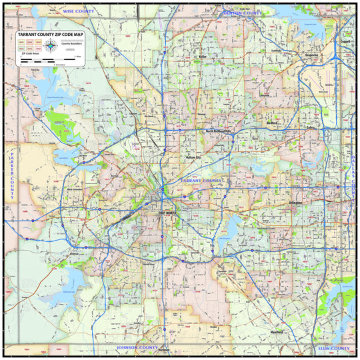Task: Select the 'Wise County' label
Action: (78, 12)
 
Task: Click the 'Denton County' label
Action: (241, 13)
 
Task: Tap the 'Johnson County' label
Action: (137, 348)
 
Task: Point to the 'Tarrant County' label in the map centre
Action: (201, 181)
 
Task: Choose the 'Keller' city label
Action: (203, 57)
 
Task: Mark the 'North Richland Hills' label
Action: (221, 131)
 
